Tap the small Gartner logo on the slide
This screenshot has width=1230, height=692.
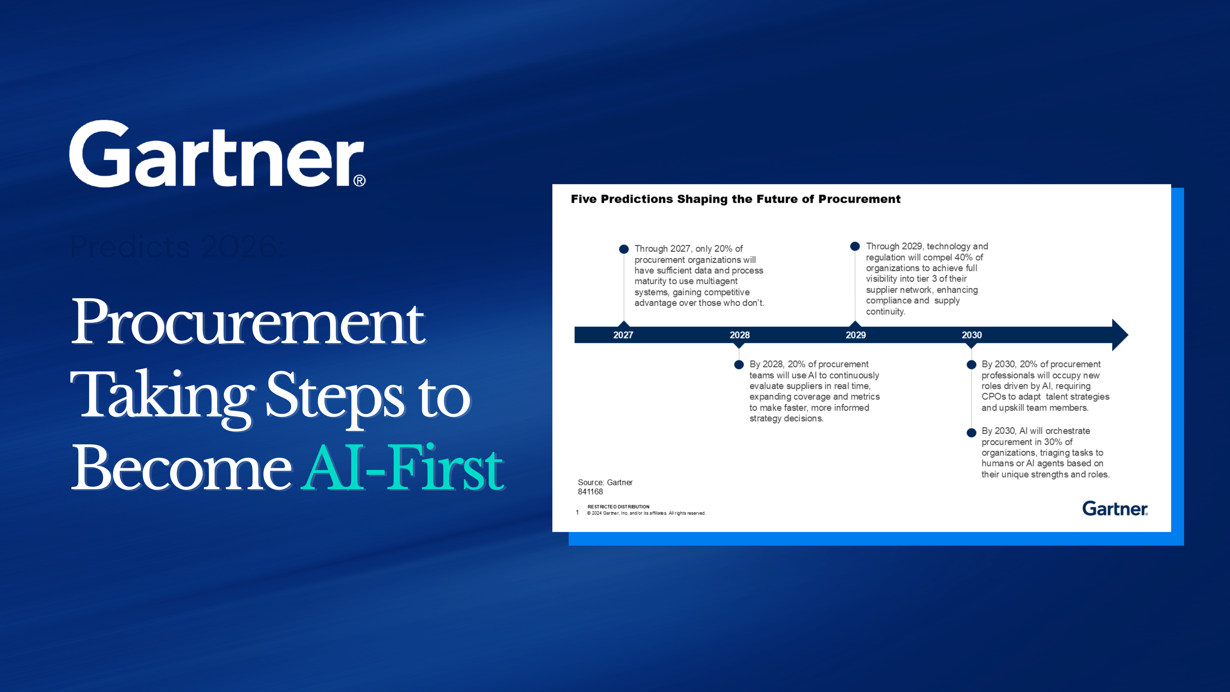pyautogui.click(x=1114, y=509)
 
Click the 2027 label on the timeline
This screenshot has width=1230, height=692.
pyautogui.click(x=623, y=335)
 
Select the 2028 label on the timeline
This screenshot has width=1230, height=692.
pyautogui.click(x=740, y=335)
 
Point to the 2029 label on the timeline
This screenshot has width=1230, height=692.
pyautogui.click(x=856, y=335)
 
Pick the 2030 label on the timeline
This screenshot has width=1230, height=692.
pyautogui.click(x=972, y=335)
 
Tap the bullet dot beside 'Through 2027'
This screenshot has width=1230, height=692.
pyautogui.click(x=624, y=249)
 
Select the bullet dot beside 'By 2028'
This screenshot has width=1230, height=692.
pyautogui.click(x=739, y=365)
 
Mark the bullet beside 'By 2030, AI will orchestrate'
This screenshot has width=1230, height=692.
pyautogui.click(x=971, y=433)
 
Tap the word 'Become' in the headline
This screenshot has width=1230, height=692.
pyautogui.click(x=181, y=468)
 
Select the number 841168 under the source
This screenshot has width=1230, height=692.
pyautogui.click(x=590, y=492)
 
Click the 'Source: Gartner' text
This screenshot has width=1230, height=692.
pyautogui.click(x=605, y=482)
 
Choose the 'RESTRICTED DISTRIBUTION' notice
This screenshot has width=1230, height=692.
pyautogui.click(x=618, y=507)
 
